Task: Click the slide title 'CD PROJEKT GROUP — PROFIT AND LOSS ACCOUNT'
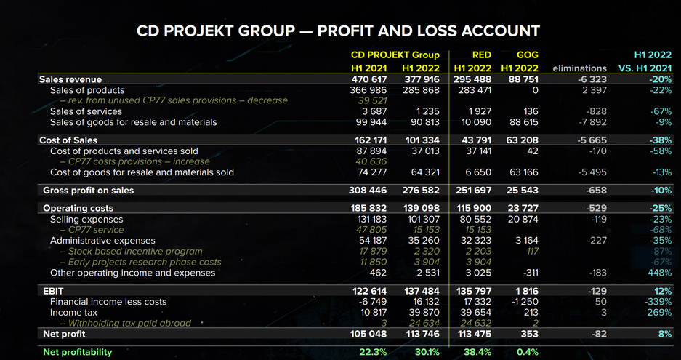coord(338,31)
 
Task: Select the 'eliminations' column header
coord(579,68)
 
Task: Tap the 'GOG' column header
coord(527,55)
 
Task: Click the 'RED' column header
coord(481,55)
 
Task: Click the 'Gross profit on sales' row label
coord(88,191)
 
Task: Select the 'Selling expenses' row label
coord(86,219)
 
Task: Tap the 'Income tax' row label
coord(76,312)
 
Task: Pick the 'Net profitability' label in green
coord(77,352)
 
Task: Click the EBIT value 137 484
coord(421,291)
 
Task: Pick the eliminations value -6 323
coord(589,79)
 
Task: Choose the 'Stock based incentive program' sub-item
coord(130,252)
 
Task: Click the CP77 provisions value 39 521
coord(374,100)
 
